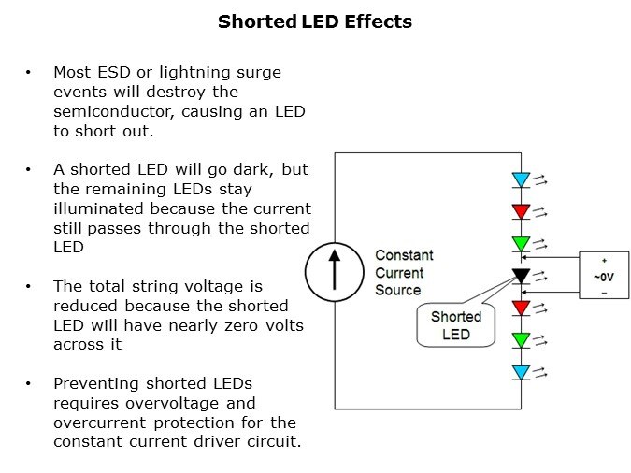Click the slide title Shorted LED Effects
coord(315,21)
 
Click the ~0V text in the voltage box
coord(604,276)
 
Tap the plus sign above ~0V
coord(604,261)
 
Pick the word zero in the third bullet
coord(225,324)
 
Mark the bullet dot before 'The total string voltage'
coord(30,286)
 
